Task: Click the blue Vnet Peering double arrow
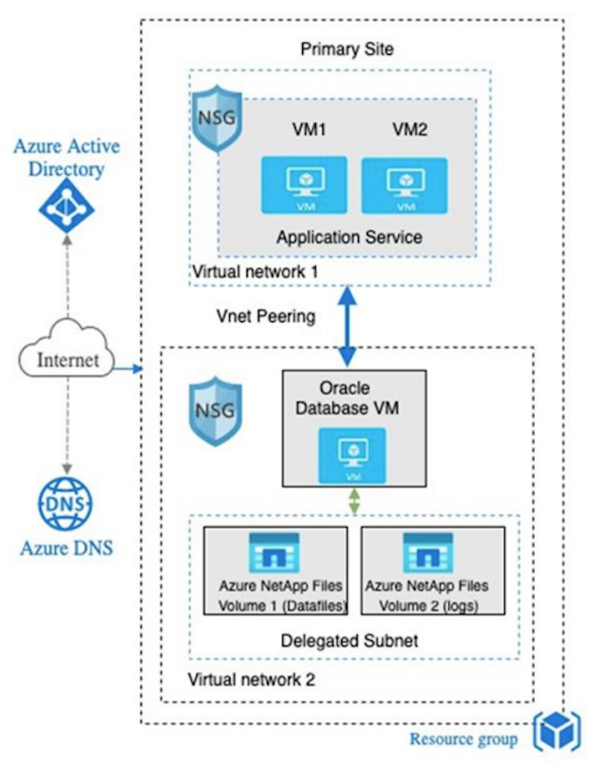[x=347, y=327]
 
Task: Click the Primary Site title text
[x=341, y=48]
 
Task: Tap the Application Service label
[x=350, y=237]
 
